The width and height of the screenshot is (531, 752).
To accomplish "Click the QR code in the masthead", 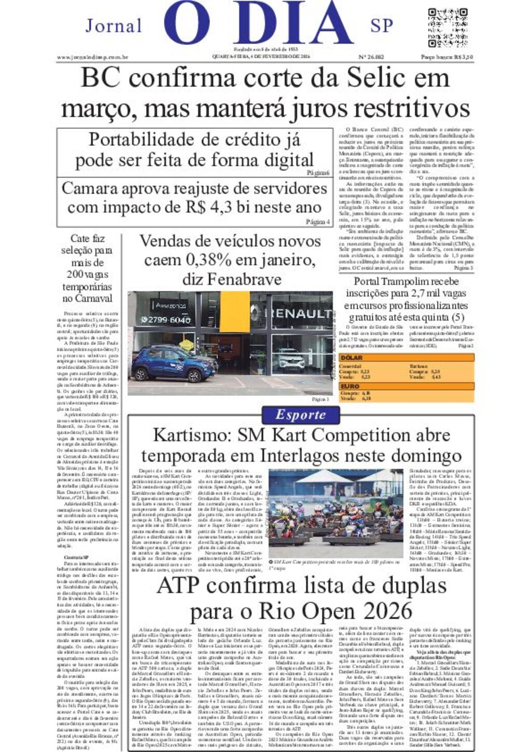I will point(448,28).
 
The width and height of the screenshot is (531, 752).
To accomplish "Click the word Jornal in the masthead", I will point(114,25).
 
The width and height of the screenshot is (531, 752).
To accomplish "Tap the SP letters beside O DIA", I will point(382,25).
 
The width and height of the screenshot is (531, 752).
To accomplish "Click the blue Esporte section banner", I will point(301,415).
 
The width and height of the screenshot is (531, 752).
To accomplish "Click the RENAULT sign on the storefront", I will point(298,313).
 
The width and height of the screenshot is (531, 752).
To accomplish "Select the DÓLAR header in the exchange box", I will point(351,358).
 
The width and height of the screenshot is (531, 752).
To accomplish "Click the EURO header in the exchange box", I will point(350,387).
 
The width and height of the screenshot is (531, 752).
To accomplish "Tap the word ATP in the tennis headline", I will point(177,585).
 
